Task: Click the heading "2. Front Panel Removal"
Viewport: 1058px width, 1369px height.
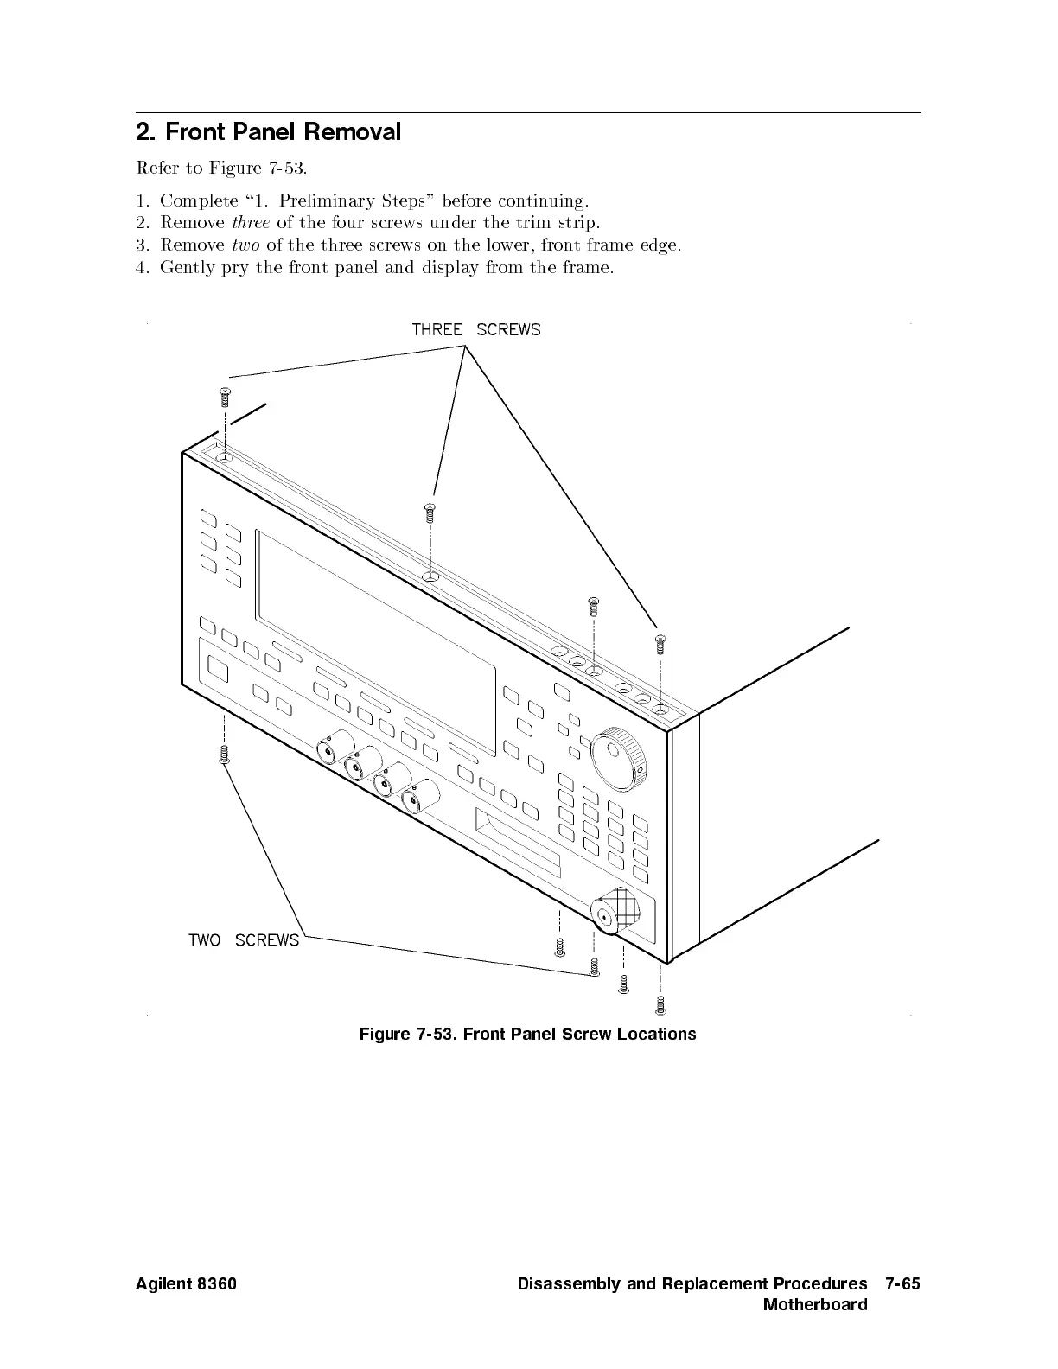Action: [x=269, y=132]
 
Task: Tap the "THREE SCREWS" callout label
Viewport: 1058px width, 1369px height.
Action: [x=475, y=329]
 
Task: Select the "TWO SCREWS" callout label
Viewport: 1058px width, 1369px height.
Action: [x=244, y=939]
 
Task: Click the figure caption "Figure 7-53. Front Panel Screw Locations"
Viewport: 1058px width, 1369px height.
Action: [x=527, y=1034]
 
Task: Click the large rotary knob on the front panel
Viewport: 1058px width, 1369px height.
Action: [x=617, y=759]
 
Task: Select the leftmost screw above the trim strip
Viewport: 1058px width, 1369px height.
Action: [x=224, y=398]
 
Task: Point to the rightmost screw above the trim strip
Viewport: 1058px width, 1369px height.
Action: [x=661, y=643]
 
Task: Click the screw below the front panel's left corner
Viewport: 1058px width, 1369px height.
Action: [x=224, y=755]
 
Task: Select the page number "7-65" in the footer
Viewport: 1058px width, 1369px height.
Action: [x=902, y=1283]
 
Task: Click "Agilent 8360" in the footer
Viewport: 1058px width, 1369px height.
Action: [x=186, y=1283]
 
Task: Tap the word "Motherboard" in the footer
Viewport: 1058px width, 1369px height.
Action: [x=814, y=1304]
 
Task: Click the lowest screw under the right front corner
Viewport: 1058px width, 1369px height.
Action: [x=661, y=1004]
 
